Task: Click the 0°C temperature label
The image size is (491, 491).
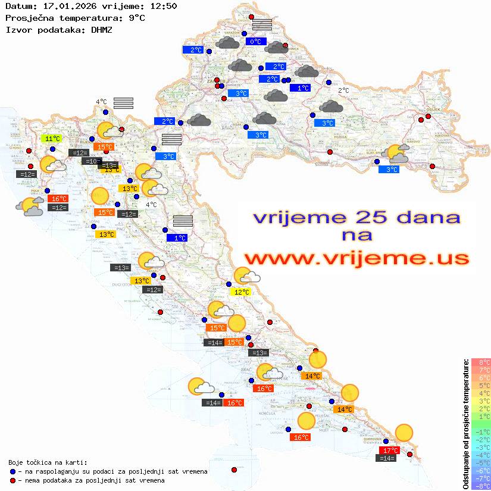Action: click(255, 42)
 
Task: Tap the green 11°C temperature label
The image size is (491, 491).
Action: click(51, 139)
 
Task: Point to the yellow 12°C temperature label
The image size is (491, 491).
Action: click(240, 292)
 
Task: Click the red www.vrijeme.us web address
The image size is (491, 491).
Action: click(356, 258)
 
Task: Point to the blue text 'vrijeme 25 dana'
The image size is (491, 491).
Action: click(356, 217)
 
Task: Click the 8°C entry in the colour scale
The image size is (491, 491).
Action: click(481, 362)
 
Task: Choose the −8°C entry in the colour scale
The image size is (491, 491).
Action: click(481, 486)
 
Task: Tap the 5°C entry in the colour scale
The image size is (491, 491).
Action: click(481, 386)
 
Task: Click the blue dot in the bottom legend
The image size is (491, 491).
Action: click(12, 471)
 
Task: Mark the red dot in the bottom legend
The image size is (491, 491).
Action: click(12, 480)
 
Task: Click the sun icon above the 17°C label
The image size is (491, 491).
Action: click(404, 433)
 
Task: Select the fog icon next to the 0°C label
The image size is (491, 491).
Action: click(262, 24)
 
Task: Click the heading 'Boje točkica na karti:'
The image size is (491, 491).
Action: click(48, 462)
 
